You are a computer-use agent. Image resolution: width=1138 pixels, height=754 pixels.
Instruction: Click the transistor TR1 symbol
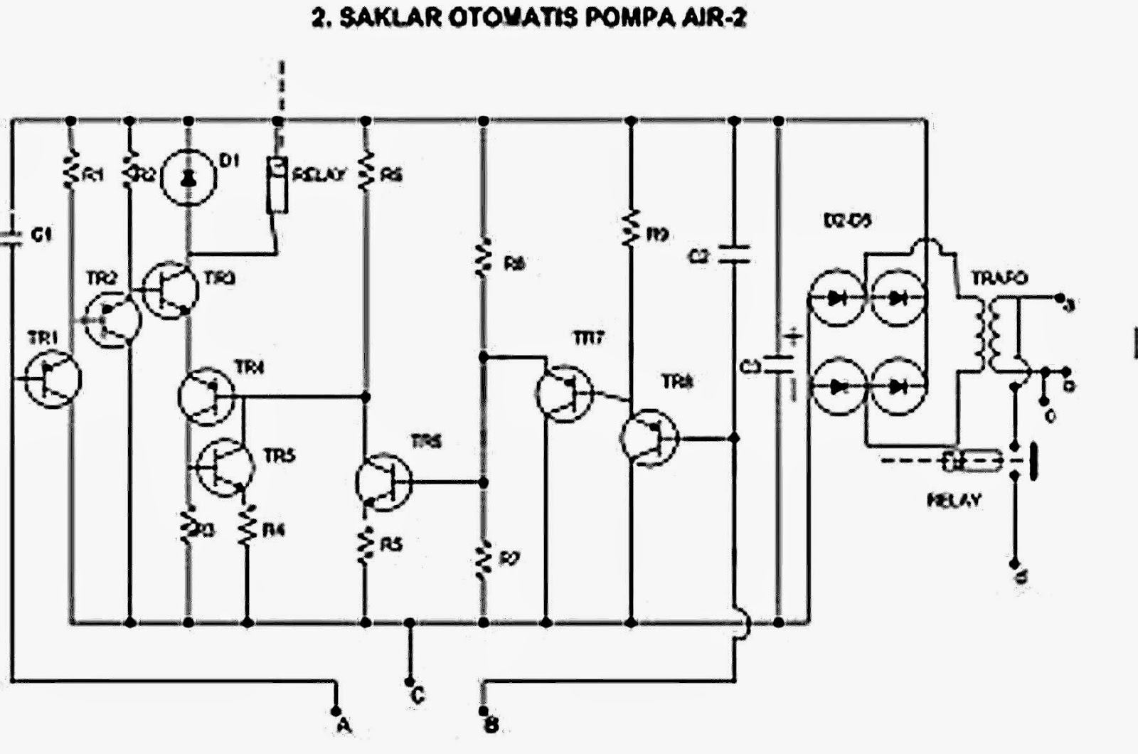point(52,380)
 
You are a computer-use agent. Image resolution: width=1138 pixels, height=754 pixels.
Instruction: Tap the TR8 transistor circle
point(649,437)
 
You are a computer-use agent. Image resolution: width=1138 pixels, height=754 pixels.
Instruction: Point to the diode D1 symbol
point(188,179)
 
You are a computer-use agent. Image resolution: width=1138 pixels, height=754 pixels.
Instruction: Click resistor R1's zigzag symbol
point(70,171)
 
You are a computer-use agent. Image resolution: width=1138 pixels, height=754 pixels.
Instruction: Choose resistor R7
point(484,558)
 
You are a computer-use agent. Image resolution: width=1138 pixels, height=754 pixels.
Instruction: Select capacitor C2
point(735,255)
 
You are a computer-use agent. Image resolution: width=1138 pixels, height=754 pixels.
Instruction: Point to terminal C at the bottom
point(410,679)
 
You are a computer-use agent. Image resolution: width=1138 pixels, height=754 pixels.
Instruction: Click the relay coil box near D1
point(277,185)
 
